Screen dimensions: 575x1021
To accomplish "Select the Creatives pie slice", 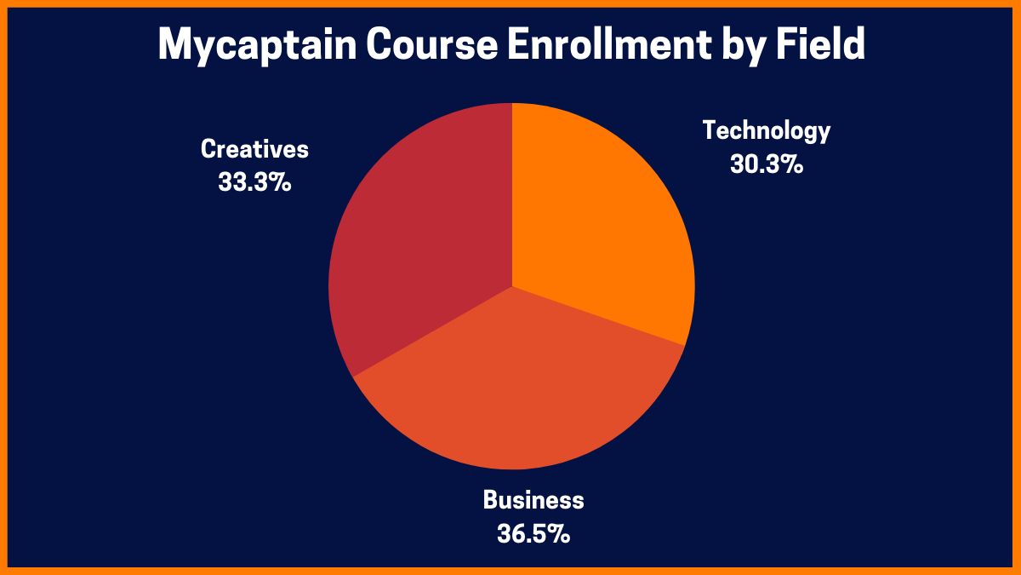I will pyautogui.click(x=417, y=247).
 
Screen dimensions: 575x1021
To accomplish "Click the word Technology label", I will pyautogui.click(x=766, y=131).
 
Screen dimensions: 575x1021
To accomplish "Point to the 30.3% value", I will pyautogui.click(x=766, y=164).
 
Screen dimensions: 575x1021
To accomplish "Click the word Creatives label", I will pyautogui.click(x=254, y=150).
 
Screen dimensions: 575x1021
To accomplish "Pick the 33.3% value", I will pyautogui.click(x=254, y=181).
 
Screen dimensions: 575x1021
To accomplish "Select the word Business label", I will pyautogui.click(x=533, y=500).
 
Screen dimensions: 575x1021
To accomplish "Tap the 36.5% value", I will pyautogui.click(x=533, y=534).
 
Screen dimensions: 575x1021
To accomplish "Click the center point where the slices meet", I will pyautogui.click(x=512, y=286).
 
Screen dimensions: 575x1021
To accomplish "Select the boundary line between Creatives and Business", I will pyautogui.click(x=432, y=331).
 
